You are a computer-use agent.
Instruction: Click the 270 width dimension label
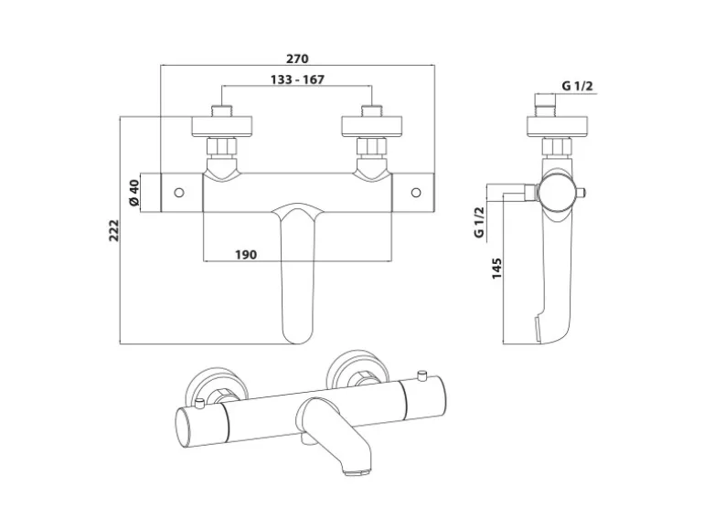(x=298, y=58)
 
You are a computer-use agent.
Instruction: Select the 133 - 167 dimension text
(x=298, y=79)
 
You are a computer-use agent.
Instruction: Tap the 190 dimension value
(x=246, y=254)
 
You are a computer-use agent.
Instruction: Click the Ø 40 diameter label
(x=133, y=193)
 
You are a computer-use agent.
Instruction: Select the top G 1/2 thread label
(x=578, y=87)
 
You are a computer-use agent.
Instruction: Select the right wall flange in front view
(x=372, y=125)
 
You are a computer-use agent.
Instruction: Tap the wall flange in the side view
(x=555, y=125)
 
